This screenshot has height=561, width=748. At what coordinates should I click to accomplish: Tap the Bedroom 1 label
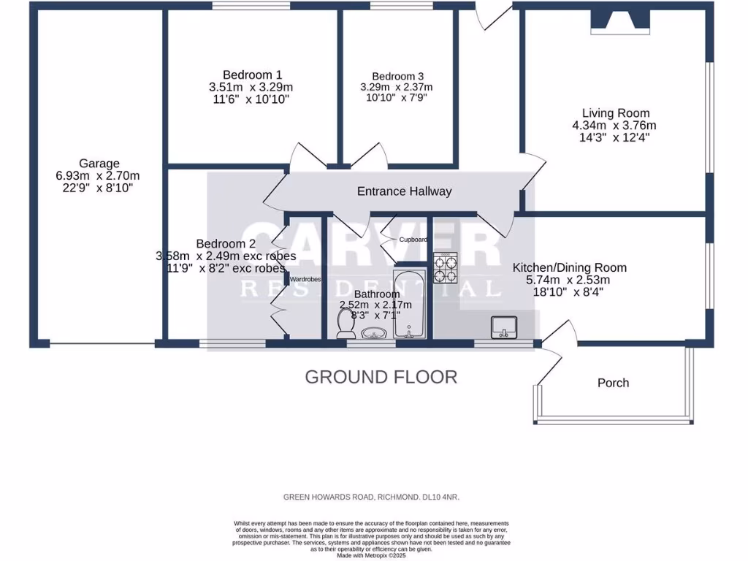pyautogui.click(x=252, y=75)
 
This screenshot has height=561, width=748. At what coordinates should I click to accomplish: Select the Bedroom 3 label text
pyautogui.click(x=397, y=76)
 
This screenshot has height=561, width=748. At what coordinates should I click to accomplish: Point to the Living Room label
pyautogui.click(x=615, y=112)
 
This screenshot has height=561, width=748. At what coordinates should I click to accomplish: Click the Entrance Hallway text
pyautogui.click(x=404, y=191)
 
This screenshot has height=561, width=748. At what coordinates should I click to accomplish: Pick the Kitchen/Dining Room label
pyautogui.click(x=569, y=267)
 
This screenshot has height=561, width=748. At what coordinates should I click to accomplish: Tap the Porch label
pyautogui.click(x=613, y=383)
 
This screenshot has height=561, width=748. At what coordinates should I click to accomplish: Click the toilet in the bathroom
pyautogui.click(x=344, y=324)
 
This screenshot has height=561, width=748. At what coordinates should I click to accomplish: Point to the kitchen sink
pyautogui.click(x=503, y=327)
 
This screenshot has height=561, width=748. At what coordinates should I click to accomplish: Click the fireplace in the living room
pyautogui.click(x=619, y=23)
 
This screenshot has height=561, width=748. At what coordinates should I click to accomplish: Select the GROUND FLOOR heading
pyautogui.click(x=381, y=377)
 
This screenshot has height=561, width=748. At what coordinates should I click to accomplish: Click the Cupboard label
pyautogui.click(x=413, y=239)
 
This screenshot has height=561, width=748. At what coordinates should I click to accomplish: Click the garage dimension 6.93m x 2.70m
pyautogui.click(x=97, y=176)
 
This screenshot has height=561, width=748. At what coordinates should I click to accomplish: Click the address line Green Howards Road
pyautogui.click(x=371, y=497)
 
